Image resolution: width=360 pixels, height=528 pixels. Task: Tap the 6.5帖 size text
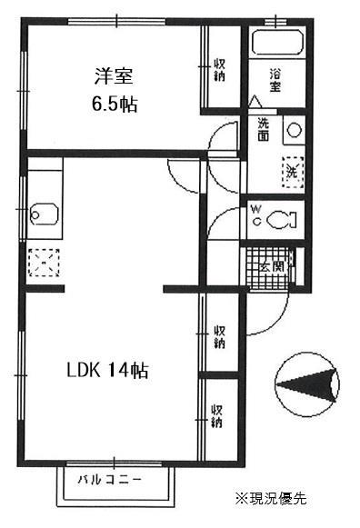click(x=114, y=104)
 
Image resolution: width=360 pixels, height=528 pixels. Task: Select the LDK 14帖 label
click(x=106, y=371)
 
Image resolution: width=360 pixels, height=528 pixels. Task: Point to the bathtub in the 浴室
click(x=276, y=44)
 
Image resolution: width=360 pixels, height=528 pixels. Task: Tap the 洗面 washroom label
click(x=264, y=129)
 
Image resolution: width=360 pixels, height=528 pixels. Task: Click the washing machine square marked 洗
click(x=293, y=169)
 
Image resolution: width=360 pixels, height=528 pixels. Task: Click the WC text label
click(x=255, y=215)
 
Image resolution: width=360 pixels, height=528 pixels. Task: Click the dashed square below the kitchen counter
click(x=42, y=264)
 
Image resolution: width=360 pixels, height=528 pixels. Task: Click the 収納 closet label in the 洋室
click(x=220, y=69)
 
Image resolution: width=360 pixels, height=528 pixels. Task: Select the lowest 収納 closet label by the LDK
click(x=218, y=416)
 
